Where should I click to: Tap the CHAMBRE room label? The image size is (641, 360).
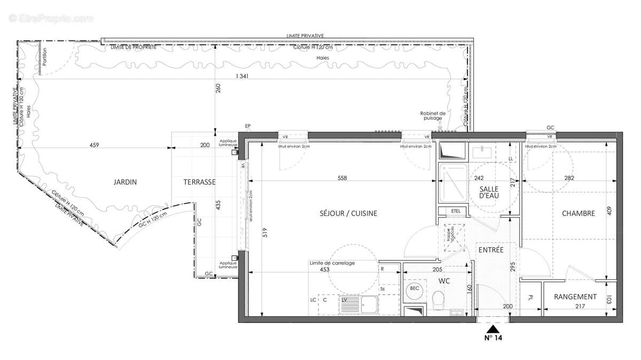point(578,214)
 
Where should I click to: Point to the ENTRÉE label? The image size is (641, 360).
point(490,250)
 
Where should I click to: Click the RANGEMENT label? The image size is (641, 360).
point(575,297)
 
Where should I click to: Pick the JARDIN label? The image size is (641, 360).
point(125,182)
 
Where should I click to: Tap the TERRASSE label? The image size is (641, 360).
point(199,182)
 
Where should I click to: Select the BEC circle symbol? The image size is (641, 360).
point(414,288)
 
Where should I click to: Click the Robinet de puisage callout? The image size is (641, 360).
point(433,115)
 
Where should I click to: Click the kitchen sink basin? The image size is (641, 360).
point(368,304)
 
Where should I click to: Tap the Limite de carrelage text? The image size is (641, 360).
point(332,263)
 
